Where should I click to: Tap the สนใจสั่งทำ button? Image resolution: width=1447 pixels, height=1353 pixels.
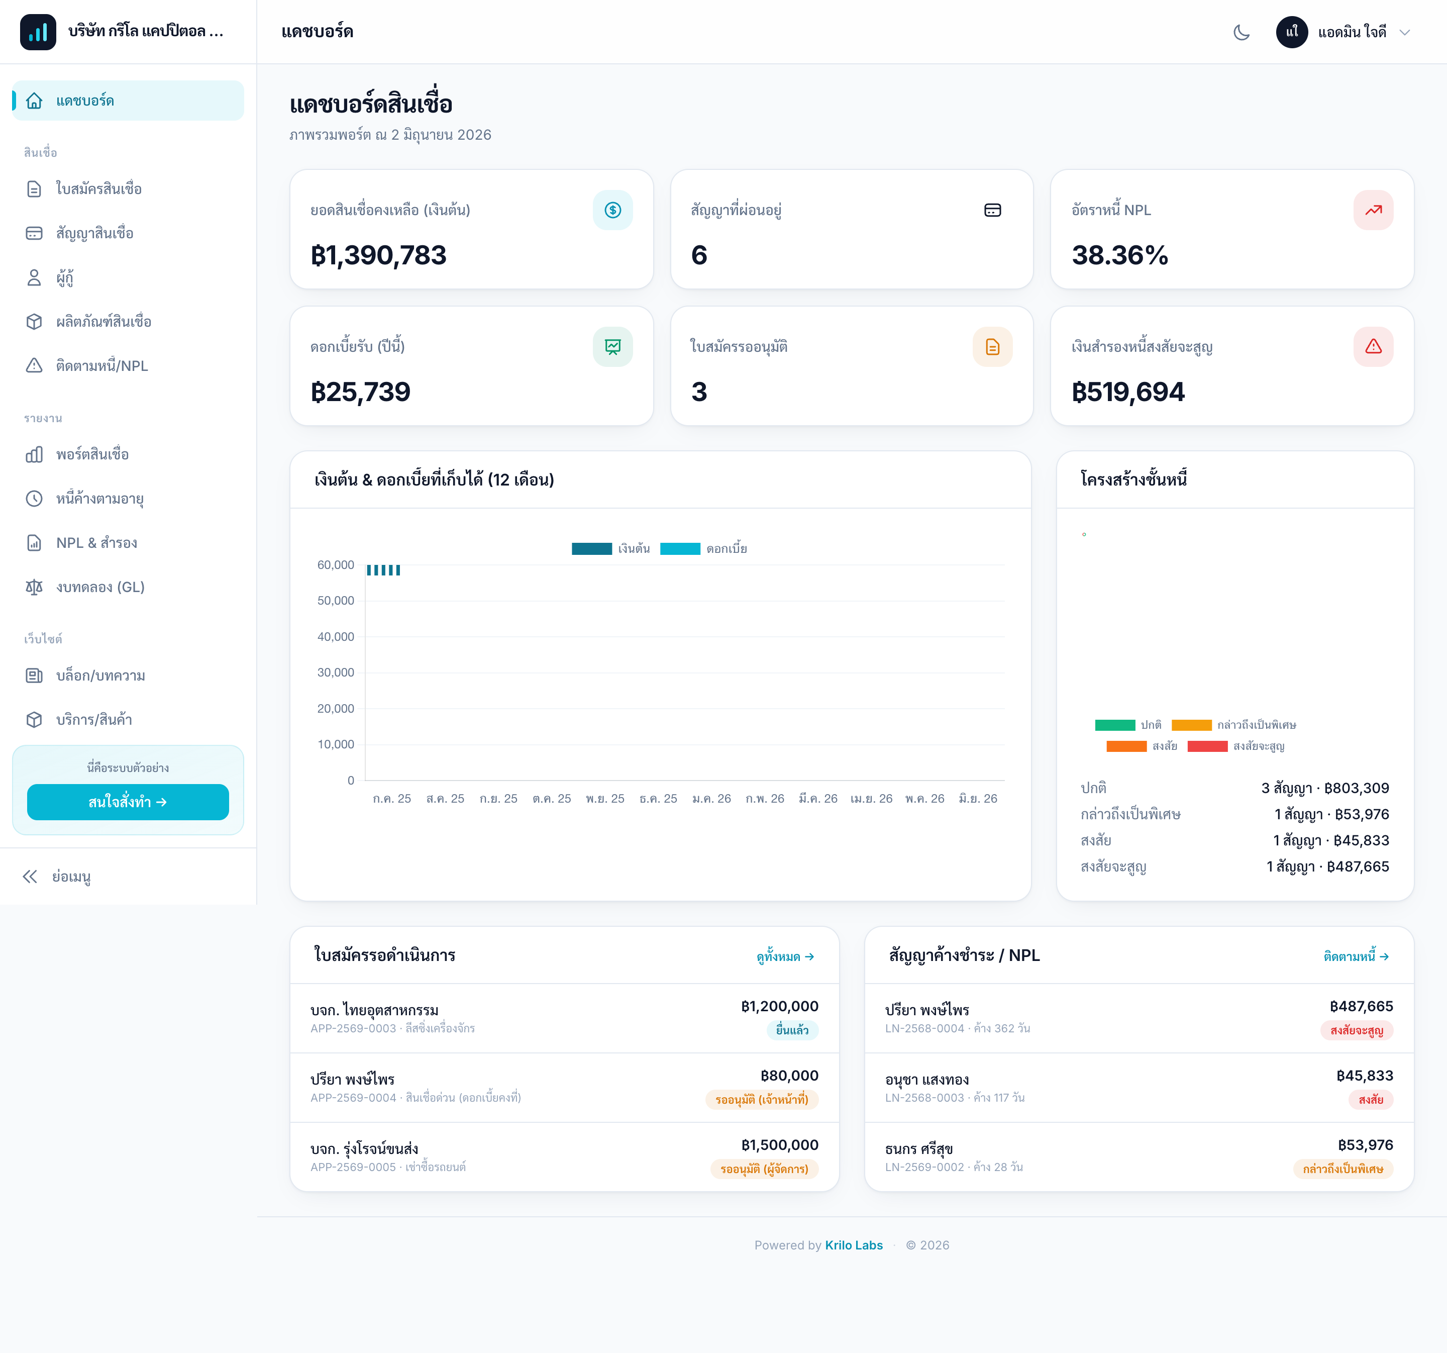point(128,802)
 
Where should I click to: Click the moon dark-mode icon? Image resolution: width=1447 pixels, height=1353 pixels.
point(1242,32)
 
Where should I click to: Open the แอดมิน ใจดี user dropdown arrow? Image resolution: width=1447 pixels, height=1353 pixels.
point(1405,32)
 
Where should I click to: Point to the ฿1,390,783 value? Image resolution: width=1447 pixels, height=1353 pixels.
point(378,255)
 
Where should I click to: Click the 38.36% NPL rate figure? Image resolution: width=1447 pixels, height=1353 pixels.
point(1119,255)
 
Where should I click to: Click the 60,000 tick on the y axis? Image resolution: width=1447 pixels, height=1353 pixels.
point(336,565)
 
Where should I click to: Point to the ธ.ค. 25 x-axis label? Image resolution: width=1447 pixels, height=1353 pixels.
point(659,799)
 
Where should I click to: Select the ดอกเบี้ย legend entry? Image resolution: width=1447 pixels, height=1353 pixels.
point(704,549)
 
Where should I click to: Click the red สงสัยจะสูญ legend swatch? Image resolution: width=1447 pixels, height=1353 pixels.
point(1207,746)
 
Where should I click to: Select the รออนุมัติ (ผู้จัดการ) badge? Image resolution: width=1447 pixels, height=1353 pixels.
point(764,1169)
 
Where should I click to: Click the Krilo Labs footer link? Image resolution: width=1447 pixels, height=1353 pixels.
point(854,1245)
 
